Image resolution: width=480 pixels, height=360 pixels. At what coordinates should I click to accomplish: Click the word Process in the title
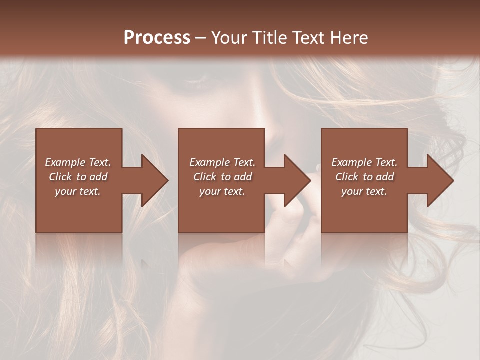point(157,38)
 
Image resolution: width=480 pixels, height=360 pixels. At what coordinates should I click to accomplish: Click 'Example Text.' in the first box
point(78,162)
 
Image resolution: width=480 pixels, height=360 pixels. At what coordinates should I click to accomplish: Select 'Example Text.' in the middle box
point(222,162)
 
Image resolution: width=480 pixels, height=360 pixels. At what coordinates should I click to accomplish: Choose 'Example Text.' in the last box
point(364,162)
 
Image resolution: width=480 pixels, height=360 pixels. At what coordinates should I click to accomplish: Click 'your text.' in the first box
point(78,191)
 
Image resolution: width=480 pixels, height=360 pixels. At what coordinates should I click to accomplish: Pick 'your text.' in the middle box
point(222,191)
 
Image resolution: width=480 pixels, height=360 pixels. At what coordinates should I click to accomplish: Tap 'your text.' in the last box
point(364,191)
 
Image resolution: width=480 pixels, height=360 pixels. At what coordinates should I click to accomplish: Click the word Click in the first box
point(60,177)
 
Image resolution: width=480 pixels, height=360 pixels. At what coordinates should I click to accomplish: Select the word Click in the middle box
point(205,177)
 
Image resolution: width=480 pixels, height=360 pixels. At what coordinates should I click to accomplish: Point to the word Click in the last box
point(347,177)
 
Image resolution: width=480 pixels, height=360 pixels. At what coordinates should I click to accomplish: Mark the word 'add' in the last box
point(385,177)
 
